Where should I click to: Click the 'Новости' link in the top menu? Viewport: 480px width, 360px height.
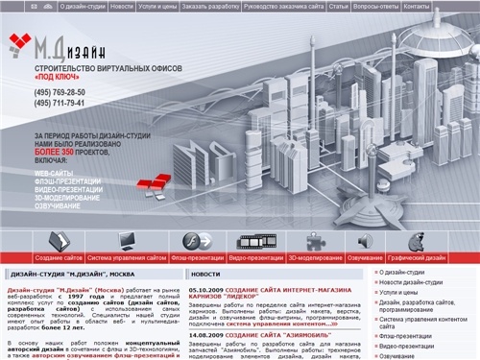click(x=122, y=6)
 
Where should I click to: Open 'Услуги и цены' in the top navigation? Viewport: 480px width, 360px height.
click(x=158, y=6)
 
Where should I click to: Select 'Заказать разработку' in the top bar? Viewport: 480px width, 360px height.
click(x=210, y=6)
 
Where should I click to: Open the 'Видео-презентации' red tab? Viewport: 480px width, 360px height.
click(x=255, y=258)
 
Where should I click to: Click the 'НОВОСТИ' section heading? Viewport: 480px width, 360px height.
click(x=205, y=275)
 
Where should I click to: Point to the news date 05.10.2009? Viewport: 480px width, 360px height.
click(x=208, y=290)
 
